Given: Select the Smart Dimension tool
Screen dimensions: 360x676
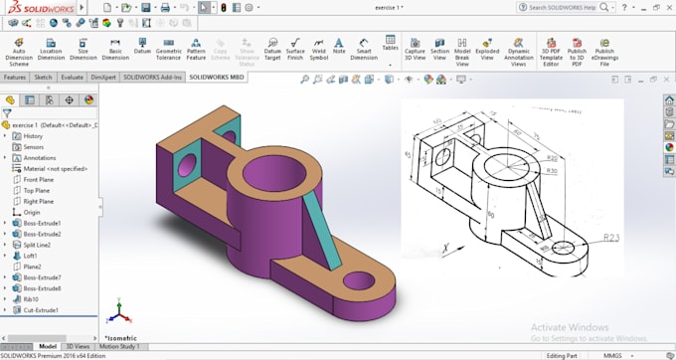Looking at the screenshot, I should pyautogui.click(x=364, y=52).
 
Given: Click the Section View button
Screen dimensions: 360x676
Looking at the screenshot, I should pyautogui.click(x=439, y=52).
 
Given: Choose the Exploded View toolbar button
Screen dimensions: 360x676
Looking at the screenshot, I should pyautogui.click(x=488, y=52).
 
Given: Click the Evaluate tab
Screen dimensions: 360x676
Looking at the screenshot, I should pyautogui.click(x=73, y=77).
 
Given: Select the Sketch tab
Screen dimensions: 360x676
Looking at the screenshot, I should pyautogui.click(x=43, y=77).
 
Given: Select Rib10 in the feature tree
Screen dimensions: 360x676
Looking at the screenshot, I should pyautogui.click(x=31, y=299).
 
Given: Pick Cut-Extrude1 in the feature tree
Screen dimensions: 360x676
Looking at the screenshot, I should pyautogui.click(x=40, y=310).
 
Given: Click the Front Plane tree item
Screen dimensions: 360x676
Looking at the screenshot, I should pyautogui.click(x=38, y=179).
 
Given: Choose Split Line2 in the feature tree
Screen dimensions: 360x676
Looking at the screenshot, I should pyautogui.click(x=41, y=245).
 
